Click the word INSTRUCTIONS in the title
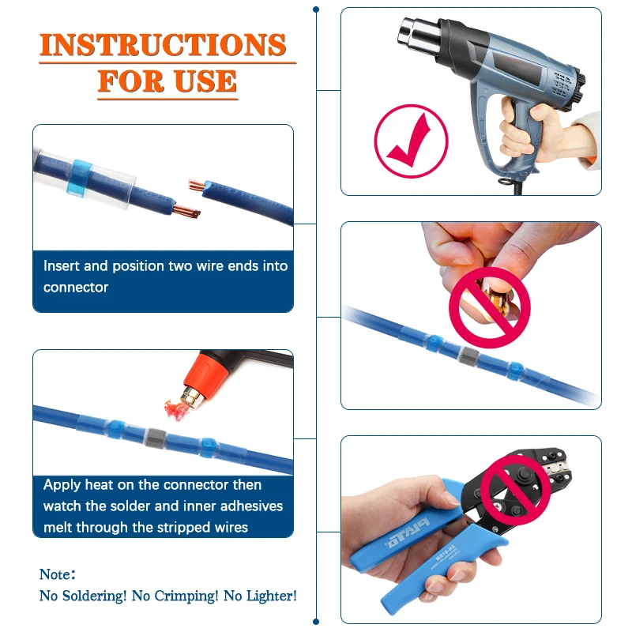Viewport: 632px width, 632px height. click(x=163, y=46)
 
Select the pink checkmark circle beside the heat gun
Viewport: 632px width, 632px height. click(x=411, y=140)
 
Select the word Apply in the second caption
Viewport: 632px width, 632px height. click(x=62, y=484)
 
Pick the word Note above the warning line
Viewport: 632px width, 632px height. click(x=57, y=574)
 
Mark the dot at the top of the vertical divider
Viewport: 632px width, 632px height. click(x=316, y=9)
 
